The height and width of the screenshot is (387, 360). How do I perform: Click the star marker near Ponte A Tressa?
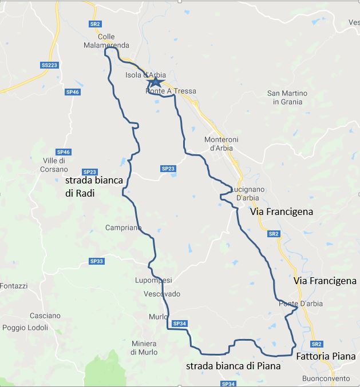pyautogui.click(x=155, y=83)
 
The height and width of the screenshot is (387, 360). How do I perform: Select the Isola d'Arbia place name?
pyautogui.click(x=145, y=75)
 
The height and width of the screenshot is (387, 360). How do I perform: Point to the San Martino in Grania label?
pyautogui.click(x=287, y=97)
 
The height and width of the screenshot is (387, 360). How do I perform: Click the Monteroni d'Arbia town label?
pyautogui.click(x=221, y=143)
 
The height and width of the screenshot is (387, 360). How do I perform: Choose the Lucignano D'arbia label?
pyautogui.click(x=246, y=193)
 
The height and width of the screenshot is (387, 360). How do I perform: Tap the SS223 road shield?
pyautogui.click(x=50, y=65)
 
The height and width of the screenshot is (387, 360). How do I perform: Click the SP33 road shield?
pyautogui.click(x=97, y=261)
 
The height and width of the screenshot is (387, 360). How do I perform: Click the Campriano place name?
pyautogui.click(x=122, y=228)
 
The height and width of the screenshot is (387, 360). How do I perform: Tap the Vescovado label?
pyautogui.click(x=161, y=294)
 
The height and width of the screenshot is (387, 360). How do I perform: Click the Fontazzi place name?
pyautogui.click(x=13, y=286)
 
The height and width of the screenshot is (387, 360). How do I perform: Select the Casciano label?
pyautogui.click(x=45, y=316)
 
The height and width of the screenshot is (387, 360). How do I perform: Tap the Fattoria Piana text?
pyautogui.click(x=325, y=356)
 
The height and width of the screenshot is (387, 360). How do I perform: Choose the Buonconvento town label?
pyautogui.click(x=325, y=378)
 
